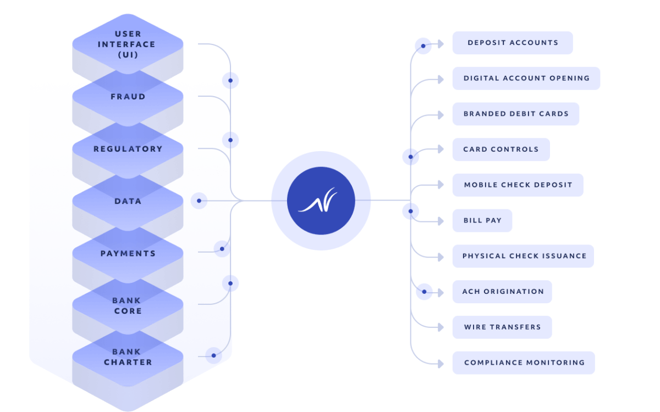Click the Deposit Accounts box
coord(512,43)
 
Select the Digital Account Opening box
coord(526,79)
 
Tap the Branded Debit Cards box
coord(515,114)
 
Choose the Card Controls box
coord(501,149)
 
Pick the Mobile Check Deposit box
coord(518,185)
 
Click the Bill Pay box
coord(482,221)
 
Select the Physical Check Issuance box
coord(522,256)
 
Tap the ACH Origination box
coord(502,292)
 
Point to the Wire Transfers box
coord(502,327)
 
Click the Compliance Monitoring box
coord(523,363)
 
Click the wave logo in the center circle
coord(321,201)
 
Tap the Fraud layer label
coord(128,97)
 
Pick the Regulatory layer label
coord(128,149)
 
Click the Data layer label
coord(128,202)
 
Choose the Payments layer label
coord(128,254)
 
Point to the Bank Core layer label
coord(127,306)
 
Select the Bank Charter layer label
coord(128,357)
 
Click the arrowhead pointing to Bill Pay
coord(440,221)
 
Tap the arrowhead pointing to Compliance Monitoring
coord(440,363)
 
